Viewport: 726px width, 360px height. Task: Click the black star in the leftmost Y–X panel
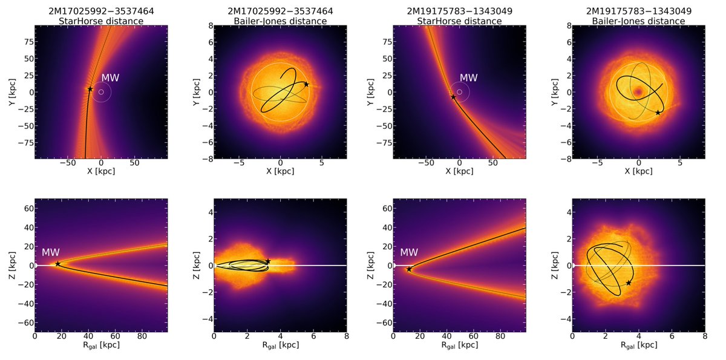pos(90,89)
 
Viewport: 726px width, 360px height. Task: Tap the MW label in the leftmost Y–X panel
pos(110,78)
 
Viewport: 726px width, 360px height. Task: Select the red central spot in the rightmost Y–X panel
pos(638,92)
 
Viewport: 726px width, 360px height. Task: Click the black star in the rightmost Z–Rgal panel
pos(629,283)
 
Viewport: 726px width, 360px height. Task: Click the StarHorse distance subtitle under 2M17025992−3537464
pos(101,21)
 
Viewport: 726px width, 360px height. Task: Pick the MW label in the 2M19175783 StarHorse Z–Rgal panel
pos(410,252)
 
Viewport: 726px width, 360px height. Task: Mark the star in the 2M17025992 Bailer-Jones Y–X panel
pos(306,84)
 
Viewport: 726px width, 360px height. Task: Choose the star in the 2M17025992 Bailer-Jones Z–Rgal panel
pos(268,261)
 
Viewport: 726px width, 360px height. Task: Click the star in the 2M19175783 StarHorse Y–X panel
pos(453,97)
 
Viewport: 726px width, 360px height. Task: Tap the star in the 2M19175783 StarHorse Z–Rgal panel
pos(409,269)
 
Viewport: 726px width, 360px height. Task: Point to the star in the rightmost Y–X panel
pos(658,113)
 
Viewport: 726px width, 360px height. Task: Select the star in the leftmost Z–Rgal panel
pos(57,264)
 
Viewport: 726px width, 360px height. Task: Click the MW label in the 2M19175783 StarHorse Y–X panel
pos(469,78)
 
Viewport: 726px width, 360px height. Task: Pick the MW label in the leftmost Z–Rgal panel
pos(51,252)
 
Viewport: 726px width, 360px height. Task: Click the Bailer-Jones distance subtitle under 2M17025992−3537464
pos(280,21)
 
